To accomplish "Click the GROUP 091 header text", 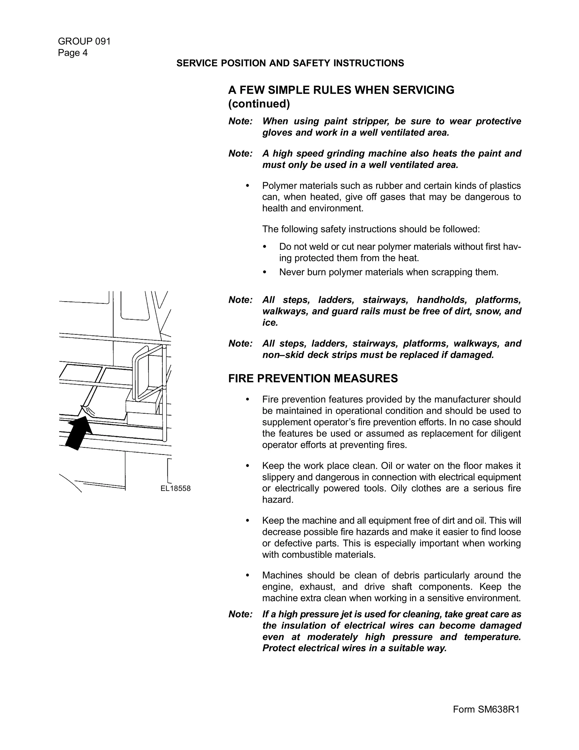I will pyautogui.click(x=84, y=42).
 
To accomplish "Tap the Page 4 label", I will pyautogui.click(x=73, y=53).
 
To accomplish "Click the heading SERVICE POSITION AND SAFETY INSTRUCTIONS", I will pyautogui.click(x=290, y=63).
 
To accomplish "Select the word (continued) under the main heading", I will pyautogui.click(x=259, y=104).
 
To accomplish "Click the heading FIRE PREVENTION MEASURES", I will pyautogui.click(x=313, y=378).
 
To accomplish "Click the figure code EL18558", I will pyautogui.click(x=175, y=488).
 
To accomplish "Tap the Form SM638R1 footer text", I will pyautogui.click(x=486, y=710).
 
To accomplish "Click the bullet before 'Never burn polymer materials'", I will pyautogui.click(x=264, y=272).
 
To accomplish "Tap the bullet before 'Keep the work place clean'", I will pyautogui.click(x=247, y=466).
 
